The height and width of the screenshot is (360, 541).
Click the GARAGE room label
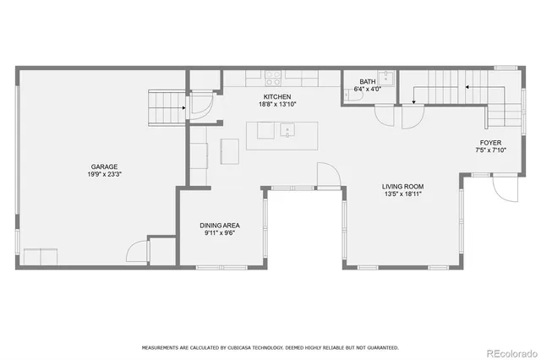click(x=105, y=166)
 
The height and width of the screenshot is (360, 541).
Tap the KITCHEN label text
click(x=277, y=96)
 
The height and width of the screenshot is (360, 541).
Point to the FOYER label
click(x=491, y=143)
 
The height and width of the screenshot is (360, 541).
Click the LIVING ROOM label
click(x=402, y=187)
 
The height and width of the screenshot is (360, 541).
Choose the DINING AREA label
click(x=220, y=225)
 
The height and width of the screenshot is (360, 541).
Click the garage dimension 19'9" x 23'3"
click(x=105, y=175)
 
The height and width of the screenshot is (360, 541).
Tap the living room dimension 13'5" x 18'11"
click(x=402, y=195)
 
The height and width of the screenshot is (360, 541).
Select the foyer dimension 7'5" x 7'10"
click(x=491, y=151)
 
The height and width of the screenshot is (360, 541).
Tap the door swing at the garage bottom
click(x=135, y=251)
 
